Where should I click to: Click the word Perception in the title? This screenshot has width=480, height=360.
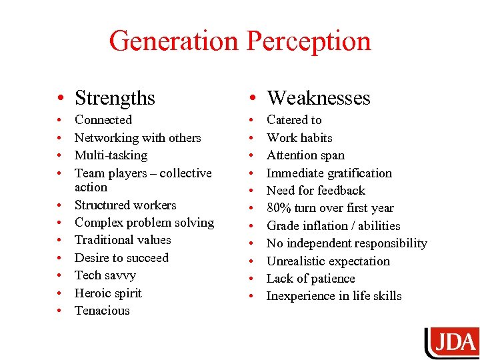click(309, 41)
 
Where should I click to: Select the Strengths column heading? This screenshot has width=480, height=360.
click(115, 98)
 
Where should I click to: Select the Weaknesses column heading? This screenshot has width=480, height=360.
click(318, 98)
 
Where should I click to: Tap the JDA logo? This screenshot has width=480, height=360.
click(453, 343)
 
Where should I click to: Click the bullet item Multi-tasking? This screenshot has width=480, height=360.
click(111, 155)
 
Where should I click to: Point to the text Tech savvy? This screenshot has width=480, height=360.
click(105, 275)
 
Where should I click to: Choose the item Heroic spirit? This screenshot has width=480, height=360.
click(108, 293)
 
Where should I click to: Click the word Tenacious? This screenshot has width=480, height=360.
click(102, 311)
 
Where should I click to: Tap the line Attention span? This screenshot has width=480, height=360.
click(305, 155)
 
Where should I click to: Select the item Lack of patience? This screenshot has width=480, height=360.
click(311, 279)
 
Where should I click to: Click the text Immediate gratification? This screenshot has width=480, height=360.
click(329, 173)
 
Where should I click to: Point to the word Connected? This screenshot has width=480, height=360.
click(103, 120)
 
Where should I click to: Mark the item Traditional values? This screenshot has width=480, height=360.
click(123, 240)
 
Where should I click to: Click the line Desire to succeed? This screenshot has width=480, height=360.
click(121, 258)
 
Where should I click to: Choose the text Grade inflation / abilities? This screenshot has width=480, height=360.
click(333, 226)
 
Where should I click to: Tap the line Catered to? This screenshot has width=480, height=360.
click(294, 120)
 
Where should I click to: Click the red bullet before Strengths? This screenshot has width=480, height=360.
click(60, 99)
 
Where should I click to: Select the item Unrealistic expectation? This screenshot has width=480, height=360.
click(328, 261)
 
